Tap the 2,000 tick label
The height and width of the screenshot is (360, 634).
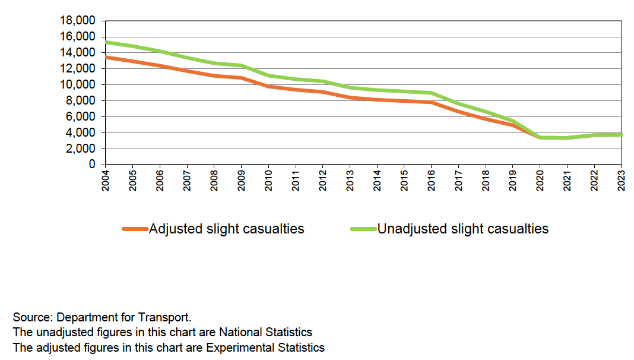[x=82, y=149]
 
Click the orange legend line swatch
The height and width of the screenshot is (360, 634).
[x=135, y=229]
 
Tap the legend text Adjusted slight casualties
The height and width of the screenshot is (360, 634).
[x=226, y=229]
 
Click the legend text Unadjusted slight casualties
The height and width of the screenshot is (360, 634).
[x=463, y=229]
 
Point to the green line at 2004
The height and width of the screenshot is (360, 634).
[x=106, y=42]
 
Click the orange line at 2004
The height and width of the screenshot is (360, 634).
[x=106, y=57]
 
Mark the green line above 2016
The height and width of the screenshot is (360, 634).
[x=432, y=93]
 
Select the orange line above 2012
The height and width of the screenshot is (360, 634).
[x=322, y=92]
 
